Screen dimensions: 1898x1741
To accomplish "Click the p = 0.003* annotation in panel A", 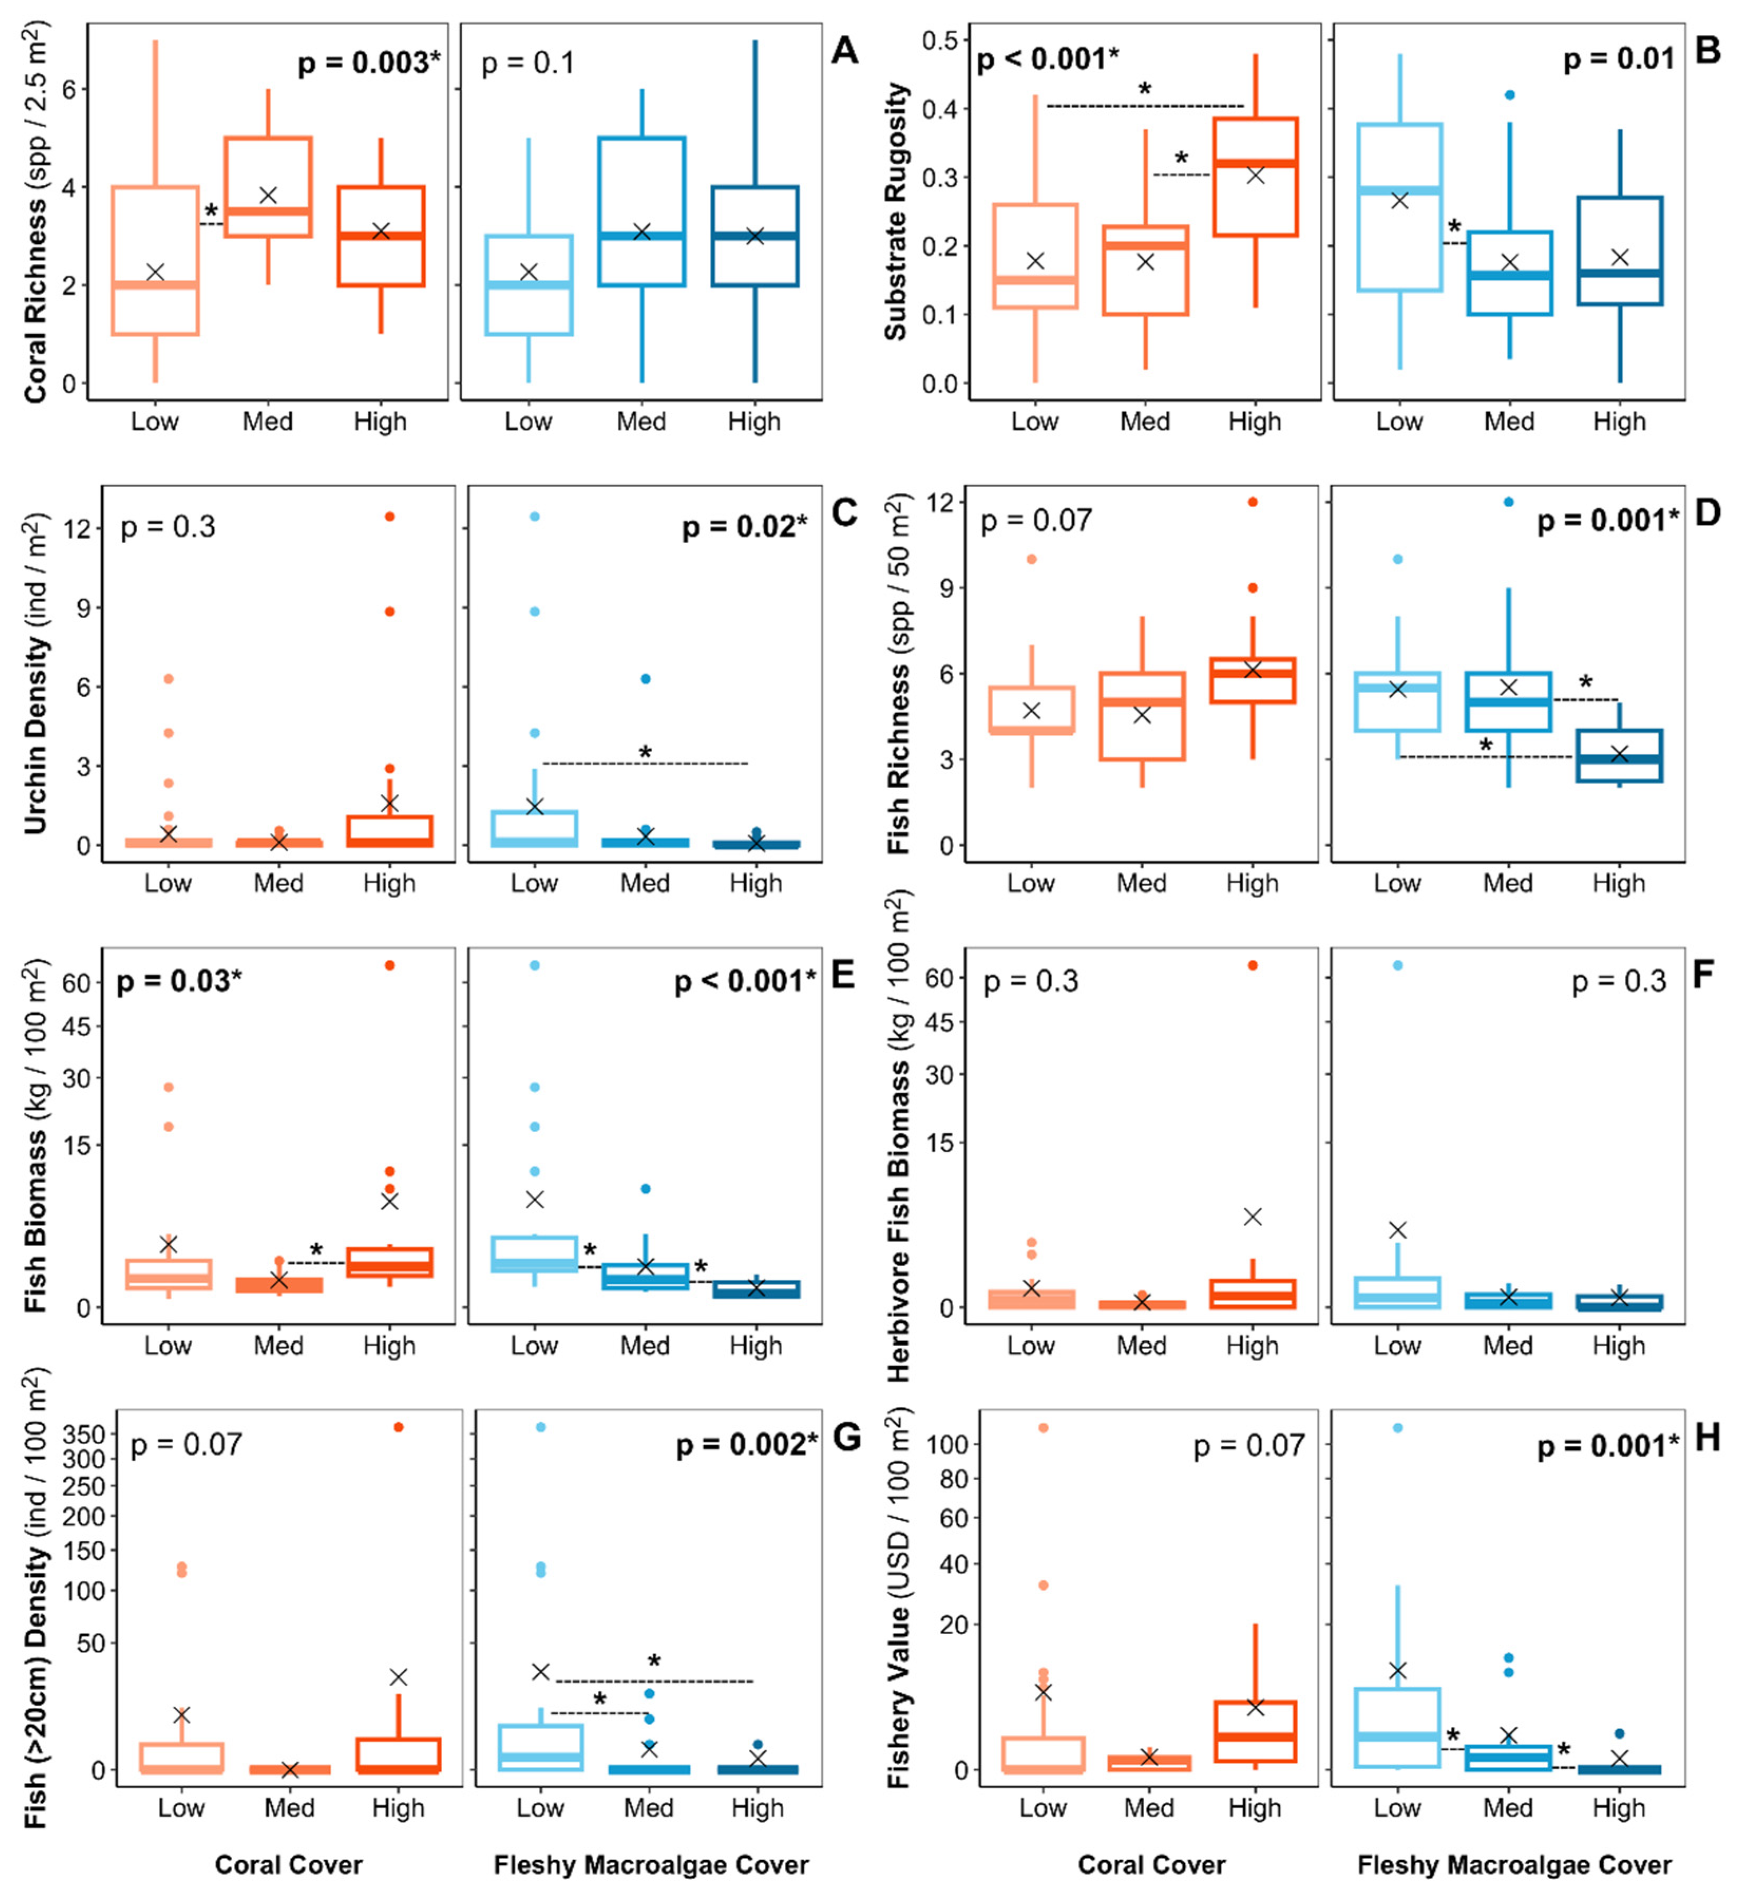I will tap(368, 63).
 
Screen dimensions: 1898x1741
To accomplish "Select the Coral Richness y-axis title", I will tap(36, 212).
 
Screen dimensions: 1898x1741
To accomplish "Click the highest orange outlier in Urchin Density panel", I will tap(389, 516).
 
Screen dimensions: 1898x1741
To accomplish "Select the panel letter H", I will tap(1707, 1438).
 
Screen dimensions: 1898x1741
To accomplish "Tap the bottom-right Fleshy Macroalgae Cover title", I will tap(1514, 1865).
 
